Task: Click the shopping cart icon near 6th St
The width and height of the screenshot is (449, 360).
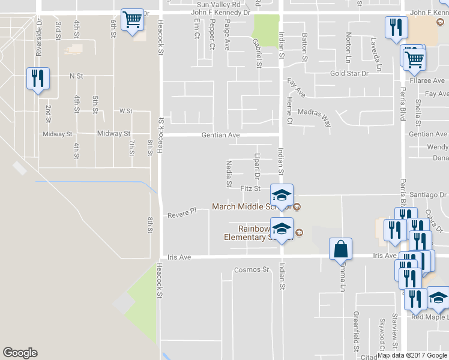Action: tap(132, 20)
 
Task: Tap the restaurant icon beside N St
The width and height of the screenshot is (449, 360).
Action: tap(37, 79)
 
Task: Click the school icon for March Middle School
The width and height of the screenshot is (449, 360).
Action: tap(282, 195)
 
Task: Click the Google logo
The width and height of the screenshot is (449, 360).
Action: tap(20, 353)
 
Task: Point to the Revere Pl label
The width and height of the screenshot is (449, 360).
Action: tap(182, 214)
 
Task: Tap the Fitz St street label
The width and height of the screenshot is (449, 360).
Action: tap(250, 188)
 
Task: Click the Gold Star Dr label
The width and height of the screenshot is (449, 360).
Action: tap(349, 73)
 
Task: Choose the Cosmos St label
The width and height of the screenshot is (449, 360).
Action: tap(250, 269)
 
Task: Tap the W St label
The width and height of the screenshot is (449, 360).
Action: tap(125, 111)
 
